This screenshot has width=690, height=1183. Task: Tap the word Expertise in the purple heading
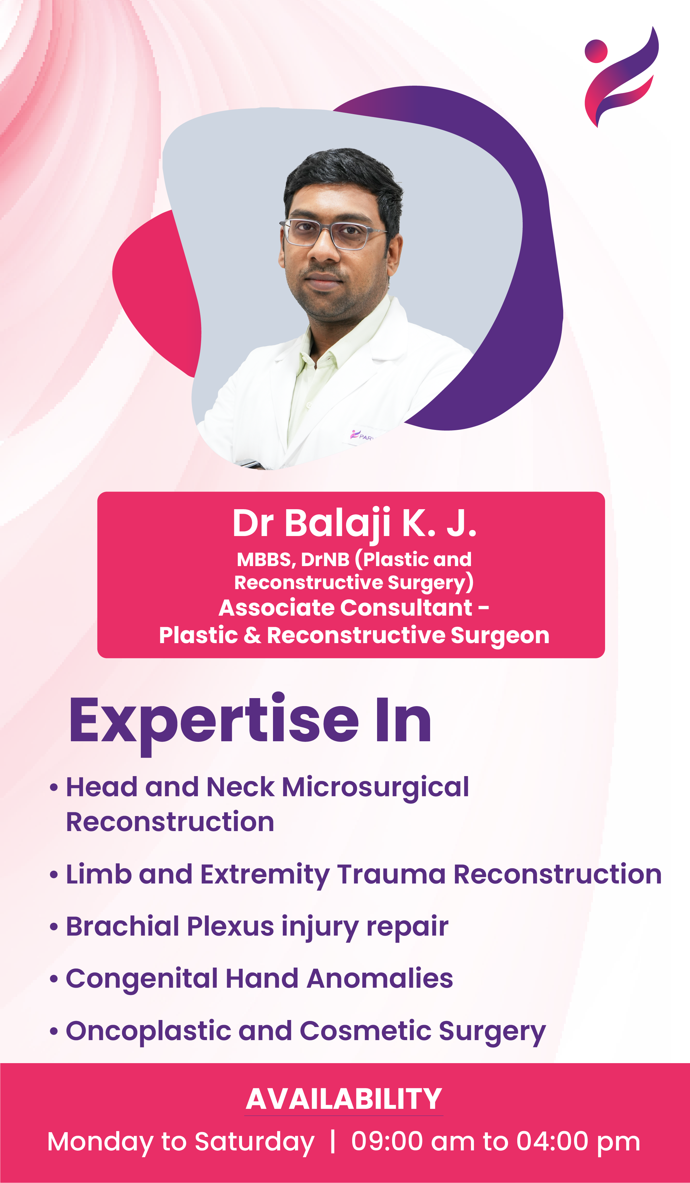tap(214, 722)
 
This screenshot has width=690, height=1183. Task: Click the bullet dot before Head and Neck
tap(54, 787)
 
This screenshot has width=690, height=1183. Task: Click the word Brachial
tap(122, 927)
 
